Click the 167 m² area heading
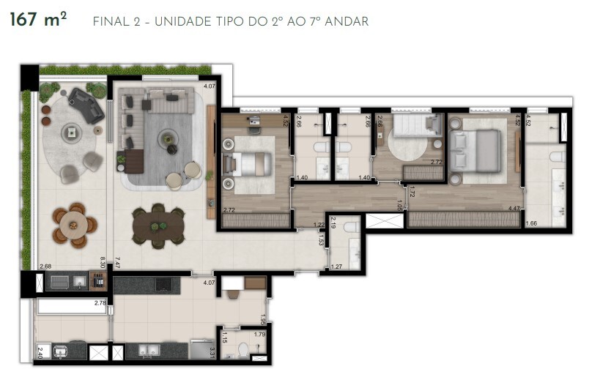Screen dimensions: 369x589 point(37,20)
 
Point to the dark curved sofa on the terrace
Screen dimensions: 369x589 point(86,105)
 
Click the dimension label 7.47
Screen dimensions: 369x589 point(116,259)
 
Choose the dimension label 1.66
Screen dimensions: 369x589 point(533,223)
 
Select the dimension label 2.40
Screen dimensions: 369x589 point(40,353)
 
